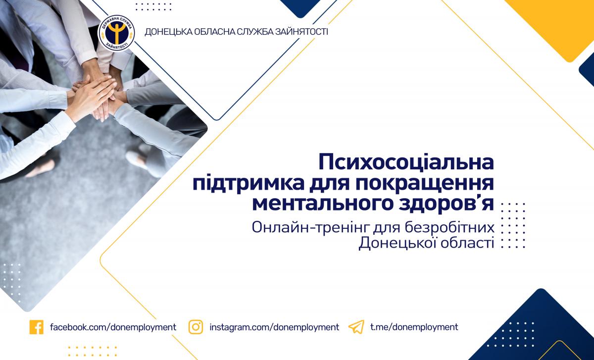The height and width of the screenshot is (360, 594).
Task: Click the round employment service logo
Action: (116, 33)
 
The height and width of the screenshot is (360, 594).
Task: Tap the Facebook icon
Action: (37, 327)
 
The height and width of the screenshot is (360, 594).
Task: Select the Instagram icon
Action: (196, 327)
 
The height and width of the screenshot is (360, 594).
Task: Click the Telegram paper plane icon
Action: (356, 327)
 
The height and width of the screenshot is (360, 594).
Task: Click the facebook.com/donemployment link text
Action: (113, 327)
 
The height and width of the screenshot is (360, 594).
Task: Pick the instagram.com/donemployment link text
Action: (274, 327)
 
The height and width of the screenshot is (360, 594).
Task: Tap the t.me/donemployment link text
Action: (414, 327)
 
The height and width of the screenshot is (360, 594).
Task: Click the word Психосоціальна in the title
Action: (406, 161)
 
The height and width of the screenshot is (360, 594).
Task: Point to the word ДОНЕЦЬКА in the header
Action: (168, 32)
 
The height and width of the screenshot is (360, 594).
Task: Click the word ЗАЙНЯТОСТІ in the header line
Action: (302, 32)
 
